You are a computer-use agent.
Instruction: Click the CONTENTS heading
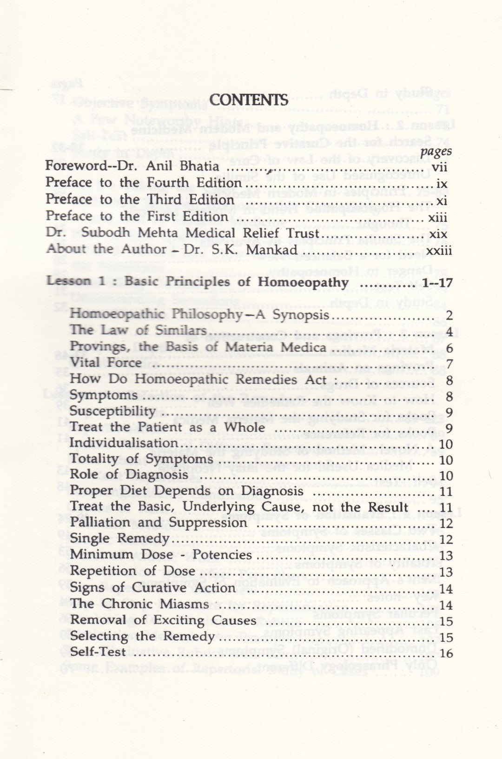(249, 100)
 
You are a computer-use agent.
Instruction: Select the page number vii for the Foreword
(440, 166)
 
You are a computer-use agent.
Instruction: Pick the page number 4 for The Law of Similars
(449, 332)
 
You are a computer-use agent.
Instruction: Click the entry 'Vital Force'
(106, 363)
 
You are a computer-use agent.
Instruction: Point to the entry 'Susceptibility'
(112, 412)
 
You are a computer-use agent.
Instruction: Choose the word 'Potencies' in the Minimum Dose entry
(222, 554)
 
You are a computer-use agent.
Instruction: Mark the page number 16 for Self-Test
(446, 653)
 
